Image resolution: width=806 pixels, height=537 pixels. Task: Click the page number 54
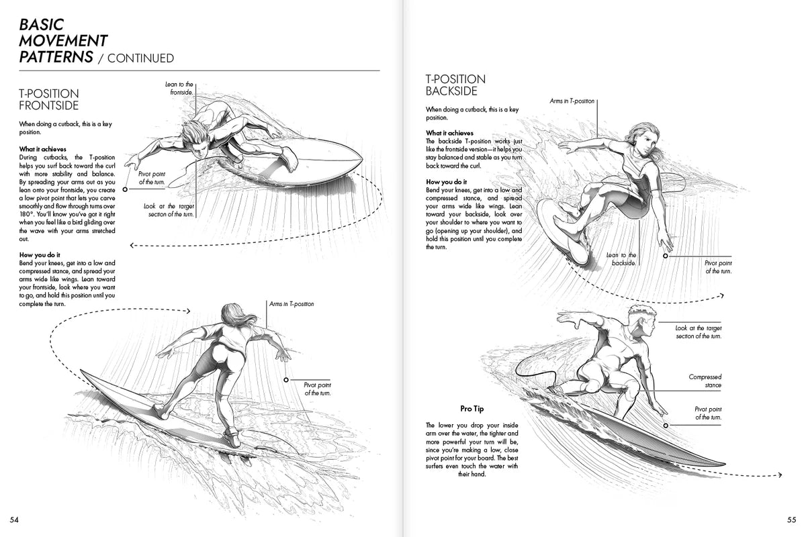[x=14, y=520]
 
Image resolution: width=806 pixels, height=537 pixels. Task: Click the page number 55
[x=791, y=520]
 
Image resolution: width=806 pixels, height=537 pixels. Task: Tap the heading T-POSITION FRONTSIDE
[x=48, y=99]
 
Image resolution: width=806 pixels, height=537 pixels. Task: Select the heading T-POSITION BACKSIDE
[x=455, y=85]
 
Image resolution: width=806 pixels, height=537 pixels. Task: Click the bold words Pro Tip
[x=472, y=408]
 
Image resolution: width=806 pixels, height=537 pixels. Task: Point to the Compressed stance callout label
[x=705, y=381]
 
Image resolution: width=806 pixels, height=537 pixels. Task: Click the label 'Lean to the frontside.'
[x=179, y=88]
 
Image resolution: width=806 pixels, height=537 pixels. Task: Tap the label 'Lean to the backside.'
[x=621, y=259]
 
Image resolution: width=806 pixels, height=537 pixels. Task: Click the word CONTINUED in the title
[x=140, y=58]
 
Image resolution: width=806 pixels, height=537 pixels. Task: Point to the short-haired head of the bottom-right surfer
[x=641, y=319]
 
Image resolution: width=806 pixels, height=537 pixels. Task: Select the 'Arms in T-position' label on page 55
[x=572, y=101]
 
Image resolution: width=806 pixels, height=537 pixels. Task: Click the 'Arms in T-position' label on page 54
[x=292, y=304]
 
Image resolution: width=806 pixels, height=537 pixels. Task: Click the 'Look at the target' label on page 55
[x=699, y=332]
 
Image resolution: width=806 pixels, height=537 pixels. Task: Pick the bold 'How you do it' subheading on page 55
[x=447, y=182]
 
